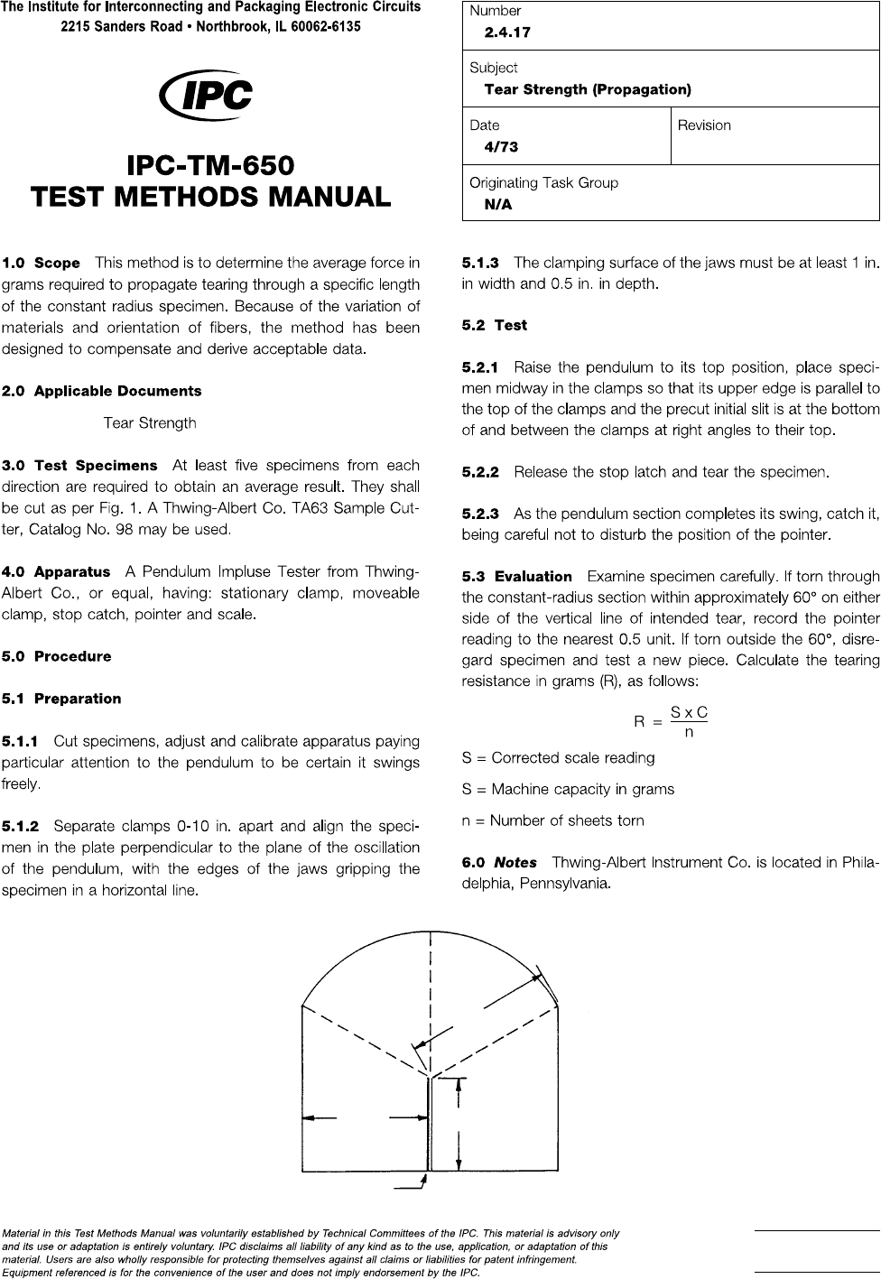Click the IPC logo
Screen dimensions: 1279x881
pos(205,97)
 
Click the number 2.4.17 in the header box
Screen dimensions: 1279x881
pos(507,32)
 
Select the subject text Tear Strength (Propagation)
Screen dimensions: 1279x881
pos(588,89)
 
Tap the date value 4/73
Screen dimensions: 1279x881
pos(501,146)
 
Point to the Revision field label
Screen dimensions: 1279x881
pos(704,125)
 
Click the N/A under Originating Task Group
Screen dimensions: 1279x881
pos(497,204)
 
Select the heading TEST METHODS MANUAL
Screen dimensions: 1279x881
pos(210,196)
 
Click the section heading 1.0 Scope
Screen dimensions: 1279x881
pos(42,264)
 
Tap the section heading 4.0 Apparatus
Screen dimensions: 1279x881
pos(56,572)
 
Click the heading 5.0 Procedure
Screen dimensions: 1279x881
pos(57,656)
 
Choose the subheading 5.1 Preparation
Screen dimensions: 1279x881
pos(61,699)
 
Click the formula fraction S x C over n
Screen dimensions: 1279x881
pos(689,721)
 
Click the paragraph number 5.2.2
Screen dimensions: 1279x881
pos(480,471)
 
